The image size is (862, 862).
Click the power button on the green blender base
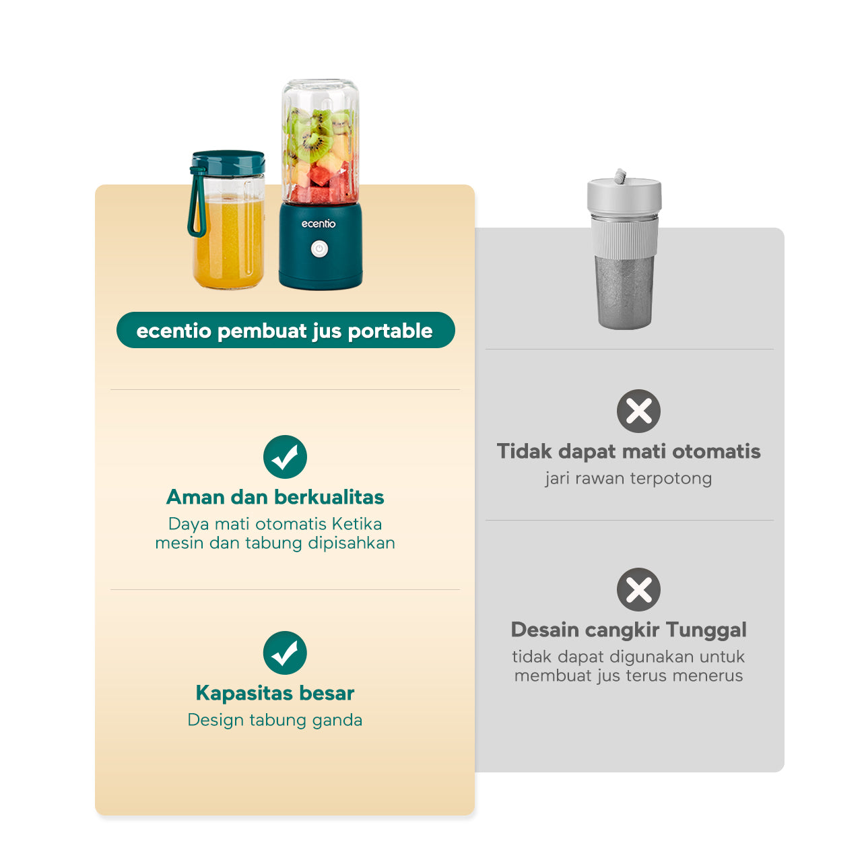point(319,248)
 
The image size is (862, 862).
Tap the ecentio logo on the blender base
point(318,224)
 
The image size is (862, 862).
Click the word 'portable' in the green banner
point(390,331)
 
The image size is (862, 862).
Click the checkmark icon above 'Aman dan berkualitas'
point(285,457)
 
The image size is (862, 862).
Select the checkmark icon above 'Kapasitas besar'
point(285,653)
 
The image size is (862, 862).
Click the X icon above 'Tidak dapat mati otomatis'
point(638,411)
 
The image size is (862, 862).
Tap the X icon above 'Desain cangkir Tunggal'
point(638,589)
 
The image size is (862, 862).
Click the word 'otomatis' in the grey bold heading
point(716,452)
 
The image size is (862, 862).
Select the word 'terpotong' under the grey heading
point(671,479)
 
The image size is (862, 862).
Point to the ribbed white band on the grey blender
point(624,238)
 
